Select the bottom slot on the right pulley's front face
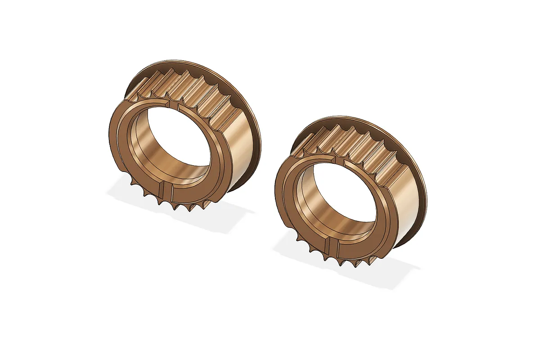click(333, 247)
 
